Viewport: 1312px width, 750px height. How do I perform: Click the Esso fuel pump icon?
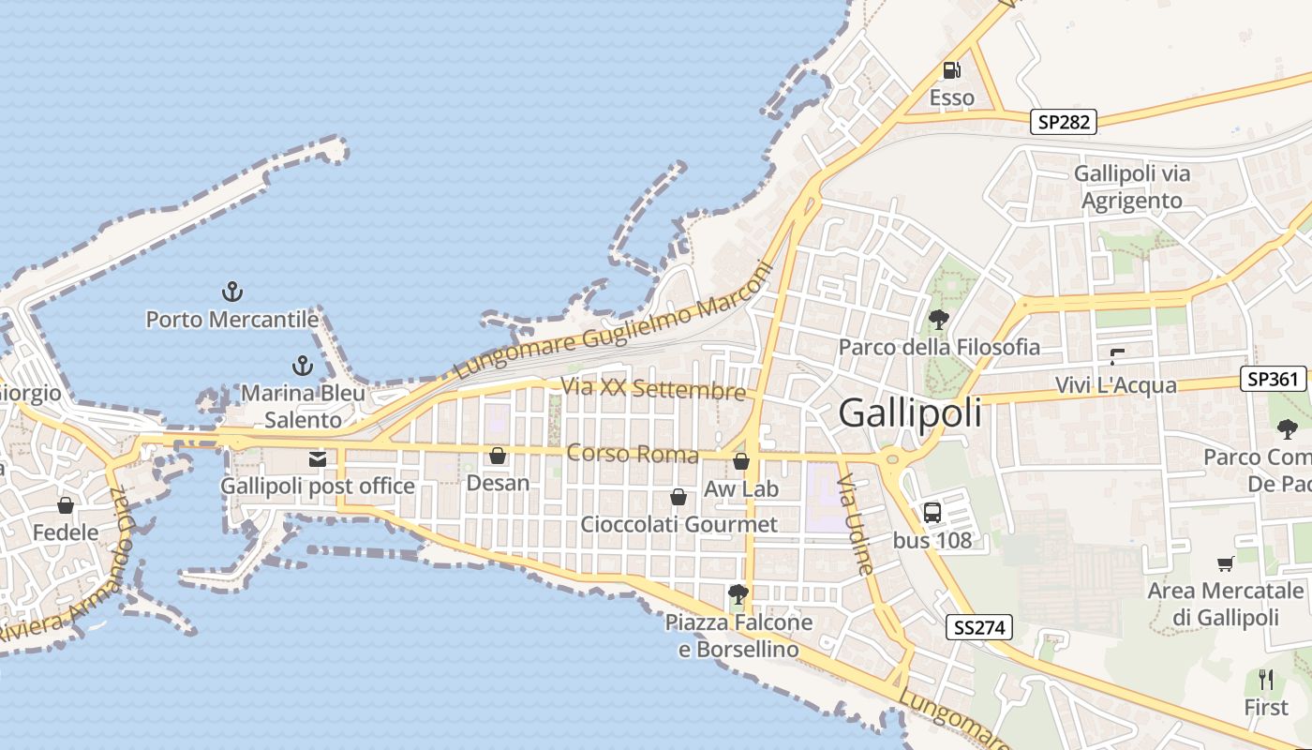pyautogui.click(x=951, y=70)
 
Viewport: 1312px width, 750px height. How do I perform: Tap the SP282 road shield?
pyautogui.click(x=1064, y=122)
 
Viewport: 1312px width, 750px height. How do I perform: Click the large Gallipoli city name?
pyautogui.click(x=910, y=412)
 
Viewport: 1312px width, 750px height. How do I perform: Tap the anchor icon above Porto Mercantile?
pyautogui.click(x=231, y=292)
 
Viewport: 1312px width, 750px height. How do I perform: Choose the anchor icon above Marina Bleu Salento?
pyautogui.click(x=302, y=365)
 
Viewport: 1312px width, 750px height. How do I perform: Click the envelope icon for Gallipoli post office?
pyautogui.click(x=318, y=459)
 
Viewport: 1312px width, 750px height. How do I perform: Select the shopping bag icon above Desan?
pyautogui.click(x=498, y=456)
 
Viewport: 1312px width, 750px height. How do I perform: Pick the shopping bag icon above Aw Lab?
pyautogui.click(x=741, y=461)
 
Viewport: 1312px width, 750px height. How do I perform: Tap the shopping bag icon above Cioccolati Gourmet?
pyautogui.click(x=678, y=497)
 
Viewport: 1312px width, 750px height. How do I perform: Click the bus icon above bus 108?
pyautogui.click(x=932, y=513)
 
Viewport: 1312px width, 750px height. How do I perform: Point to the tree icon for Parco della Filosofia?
pyautogui.click(x=938, y=320)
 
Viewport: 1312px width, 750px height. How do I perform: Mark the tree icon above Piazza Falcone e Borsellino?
pyautogui.click(x=738, y=593)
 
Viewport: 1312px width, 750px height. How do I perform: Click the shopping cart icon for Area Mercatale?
pyautogui.click(x=1225, y=563)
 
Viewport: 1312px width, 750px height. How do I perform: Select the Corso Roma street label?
pyautogui.click(x=633, y=454)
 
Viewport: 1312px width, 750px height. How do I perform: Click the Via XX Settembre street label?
pyautogui.click(x=653, y=388)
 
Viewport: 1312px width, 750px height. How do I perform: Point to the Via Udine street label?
pyautogui.click(x=857, y=524)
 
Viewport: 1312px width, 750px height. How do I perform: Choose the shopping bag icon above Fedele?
pyautogui.click(x=66, y=506)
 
